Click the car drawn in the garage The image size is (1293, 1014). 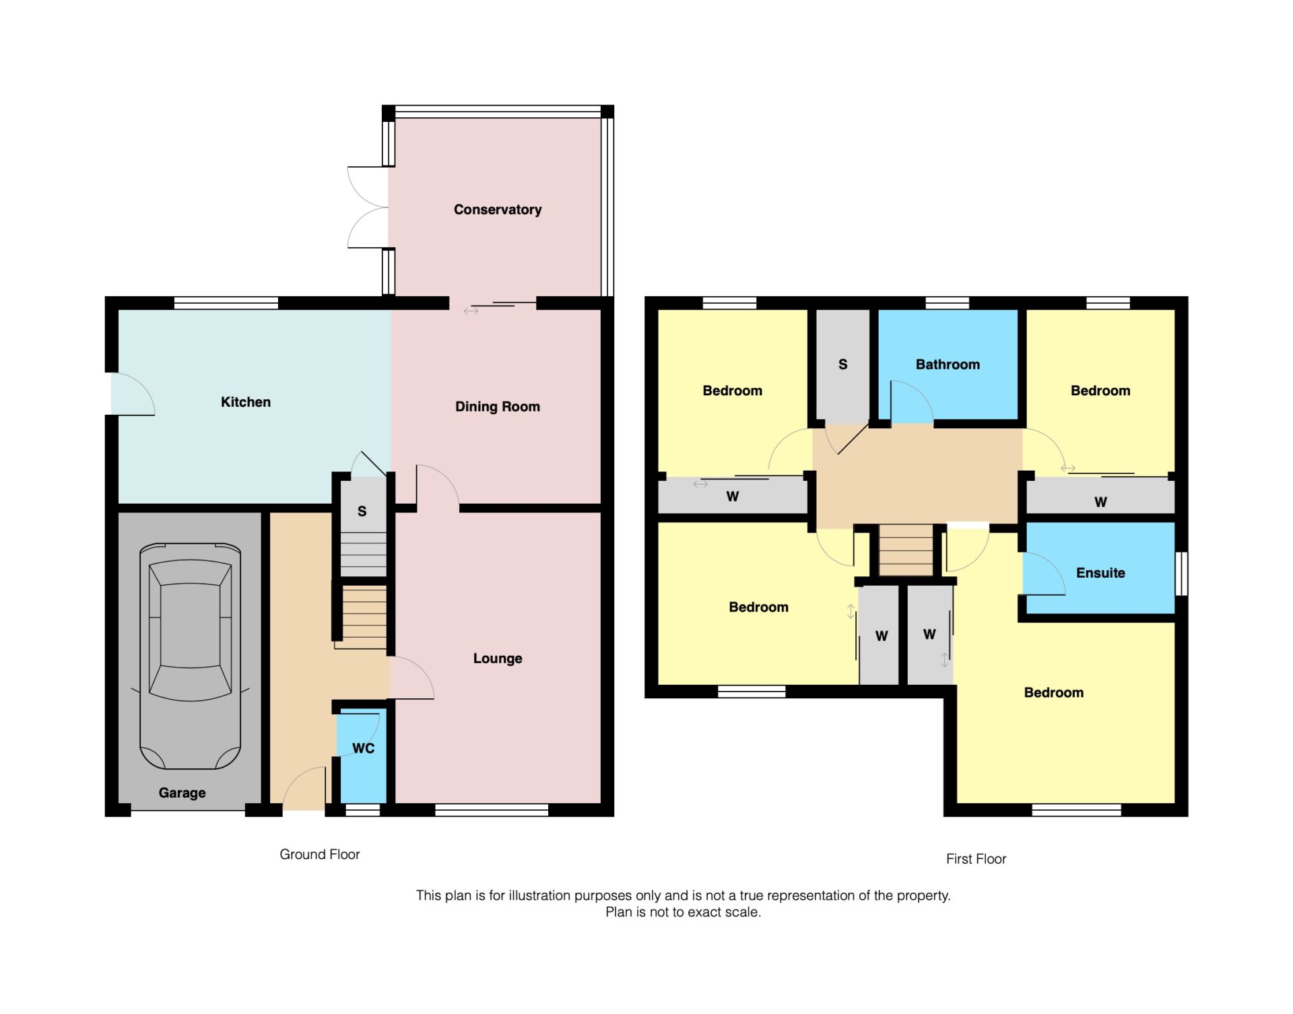coord(190,656)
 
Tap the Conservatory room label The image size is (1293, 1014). coord(497,209)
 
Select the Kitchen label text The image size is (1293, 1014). coord(245,402)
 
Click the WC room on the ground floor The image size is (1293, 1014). coord(363,754)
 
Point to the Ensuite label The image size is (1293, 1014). coord(1100,573)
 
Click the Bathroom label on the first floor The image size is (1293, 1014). coord(947,364)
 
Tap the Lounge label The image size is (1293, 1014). coord(497,658)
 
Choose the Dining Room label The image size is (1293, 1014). coord(497,407)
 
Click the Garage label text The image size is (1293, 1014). coord(182,792)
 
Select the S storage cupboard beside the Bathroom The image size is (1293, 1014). coord(842,365)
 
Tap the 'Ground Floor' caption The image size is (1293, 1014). coord(319,854)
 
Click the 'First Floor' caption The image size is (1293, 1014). coord(976,859)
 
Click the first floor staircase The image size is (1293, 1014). coord(906,549)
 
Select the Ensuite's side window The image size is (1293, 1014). coord(1181,573)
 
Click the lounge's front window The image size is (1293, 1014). coord(492,810)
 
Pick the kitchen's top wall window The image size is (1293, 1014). coord(226,303)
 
